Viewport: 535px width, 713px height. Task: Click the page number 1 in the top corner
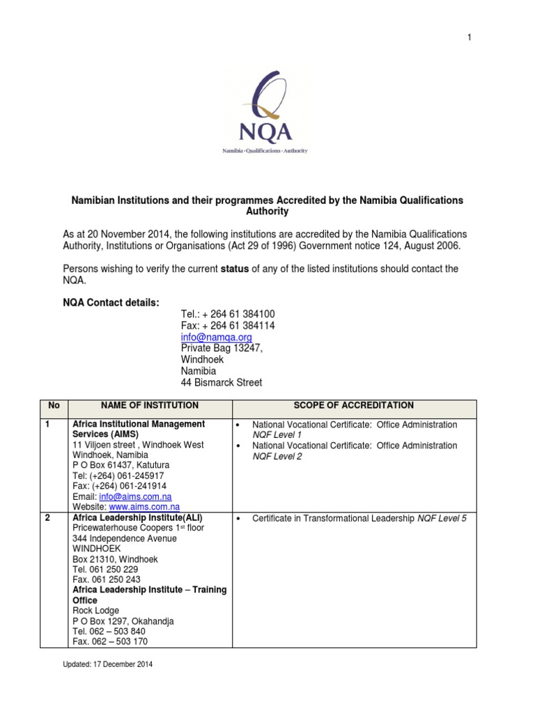470,36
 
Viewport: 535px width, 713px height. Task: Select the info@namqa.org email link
216,337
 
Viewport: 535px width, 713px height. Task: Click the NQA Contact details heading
111,301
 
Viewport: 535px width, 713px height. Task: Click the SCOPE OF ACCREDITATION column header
354,405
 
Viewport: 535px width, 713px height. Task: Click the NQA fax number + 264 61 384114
223,326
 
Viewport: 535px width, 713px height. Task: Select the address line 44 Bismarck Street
222,382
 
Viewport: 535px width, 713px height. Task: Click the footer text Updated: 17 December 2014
107,664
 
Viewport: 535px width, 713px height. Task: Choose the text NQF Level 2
276,456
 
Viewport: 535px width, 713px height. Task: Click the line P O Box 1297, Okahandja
123,621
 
